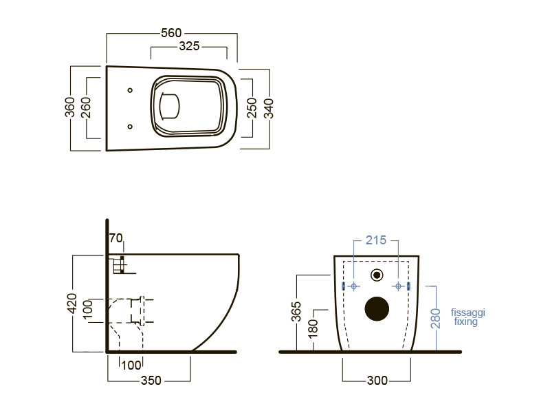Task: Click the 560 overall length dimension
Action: click(x=171, y=33)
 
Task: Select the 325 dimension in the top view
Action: click(x=189, y=46)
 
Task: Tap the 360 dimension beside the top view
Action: click(x=70, y=107)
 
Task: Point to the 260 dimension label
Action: click(x=85, y=107)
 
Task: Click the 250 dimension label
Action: click(x=252, y=108)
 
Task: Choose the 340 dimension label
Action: click(x=268, y=109)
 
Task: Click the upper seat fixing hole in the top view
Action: click(x=130, y=90)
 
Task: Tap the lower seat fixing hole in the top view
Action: click(x=130, y=127)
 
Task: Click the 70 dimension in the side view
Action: click(x=115, y=238)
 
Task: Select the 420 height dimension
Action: click(x=72, y=303)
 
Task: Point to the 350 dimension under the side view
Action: click(x=151, y=381)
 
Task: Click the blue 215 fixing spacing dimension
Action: click(x=375, y=240)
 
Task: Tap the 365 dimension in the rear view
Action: click(x=296, y=312)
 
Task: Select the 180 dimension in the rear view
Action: click(x=313, y=328)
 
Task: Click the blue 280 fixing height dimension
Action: click(x=435, y=319)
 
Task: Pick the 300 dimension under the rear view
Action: click(x=377, y=381)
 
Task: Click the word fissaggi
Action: click(x=468, y=313)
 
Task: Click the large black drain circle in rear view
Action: click(x=377, y=308)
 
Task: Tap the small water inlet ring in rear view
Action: click(x=377, y=275)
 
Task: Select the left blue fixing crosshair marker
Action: click(x=353, y=286)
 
